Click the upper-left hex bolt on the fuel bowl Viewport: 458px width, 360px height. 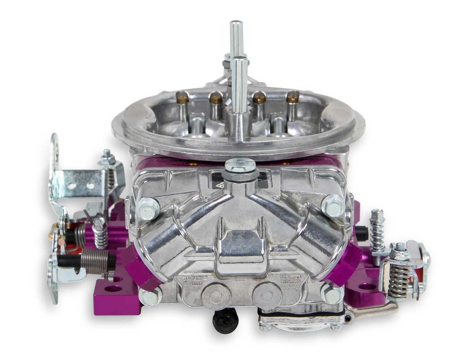click(148, 208)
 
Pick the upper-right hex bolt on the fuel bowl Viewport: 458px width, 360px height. click(333, 205)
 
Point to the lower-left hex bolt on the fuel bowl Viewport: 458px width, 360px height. click(150, 296)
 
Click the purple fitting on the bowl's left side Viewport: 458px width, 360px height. click(139, 267)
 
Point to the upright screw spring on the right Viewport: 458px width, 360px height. click(377, 235)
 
